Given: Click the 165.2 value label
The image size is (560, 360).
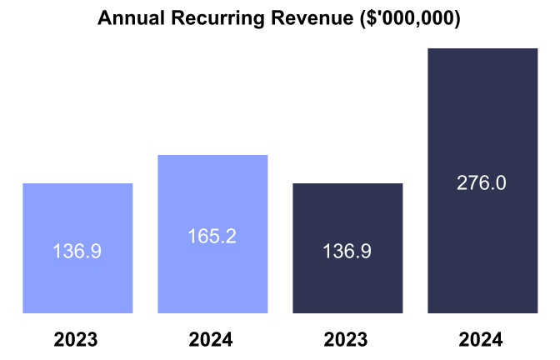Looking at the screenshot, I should pyautogui.click(x=212, y=237).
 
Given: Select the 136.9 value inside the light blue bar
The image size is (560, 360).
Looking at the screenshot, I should pyautogui.click(x=77, y=251).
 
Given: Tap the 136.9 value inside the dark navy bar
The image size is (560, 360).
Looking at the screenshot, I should pyautogui.click(x=347, y=251).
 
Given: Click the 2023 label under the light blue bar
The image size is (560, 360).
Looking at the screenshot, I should pyautogui.click(x=76, y=340).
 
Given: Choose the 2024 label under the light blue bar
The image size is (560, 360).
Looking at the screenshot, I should pyautogui.click(x=211, y=340).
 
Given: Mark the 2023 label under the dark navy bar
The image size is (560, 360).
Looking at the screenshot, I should pyautogui.click(x=346, y=340).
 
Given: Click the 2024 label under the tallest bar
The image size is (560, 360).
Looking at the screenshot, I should pyautogui.click(x=481, y=340).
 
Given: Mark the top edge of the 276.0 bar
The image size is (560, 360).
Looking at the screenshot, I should pyautogui.click(x=482, y=49).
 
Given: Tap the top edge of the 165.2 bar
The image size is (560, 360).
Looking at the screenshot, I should pyautogui.click(x=212, y=156).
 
